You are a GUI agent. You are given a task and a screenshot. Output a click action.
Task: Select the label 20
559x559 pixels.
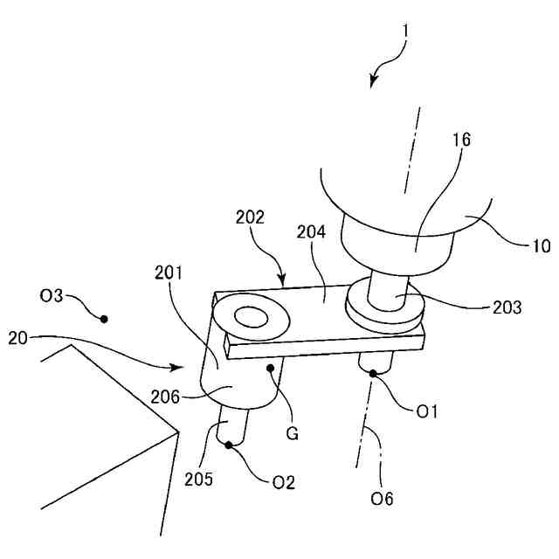pyautogui.click(x=19, y=337)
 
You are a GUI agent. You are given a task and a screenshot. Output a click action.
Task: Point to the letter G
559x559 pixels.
pyautogui.click(x=292, y=432)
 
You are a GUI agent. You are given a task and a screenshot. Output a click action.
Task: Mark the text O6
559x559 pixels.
pyautogui.click(x=382, y=499)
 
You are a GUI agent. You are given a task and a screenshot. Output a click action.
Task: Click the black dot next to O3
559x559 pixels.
pyautogui.click(x=104, y=319)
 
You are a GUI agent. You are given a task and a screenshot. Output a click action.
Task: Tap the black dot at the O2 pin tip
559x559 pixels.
pyautogui.click(x=231, y=445)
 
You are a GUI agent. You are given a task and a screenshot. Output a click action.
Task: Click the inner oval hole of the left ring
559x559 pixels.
pyautogui.click(x=253, y=317)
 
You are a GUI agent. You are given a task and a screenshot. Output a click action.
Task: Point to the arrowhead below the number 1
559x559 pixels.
pyautogui.click(x=374, y=82)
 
